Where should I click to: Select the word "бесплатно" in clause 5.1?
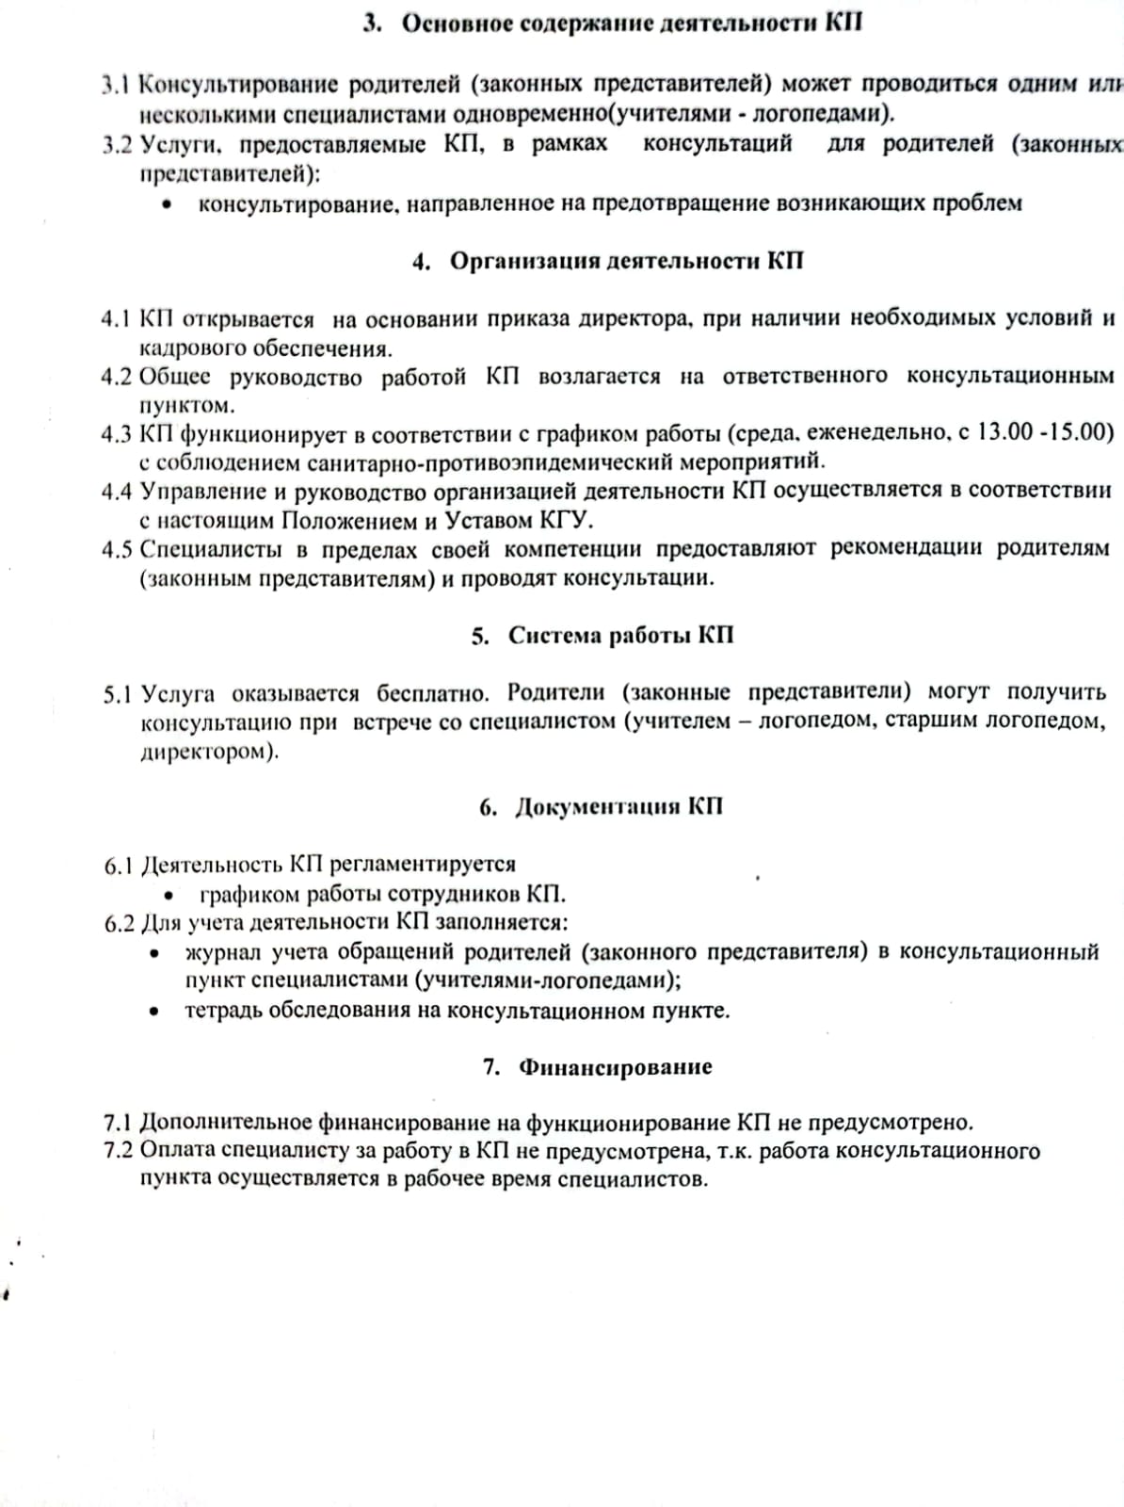tap(433, 693)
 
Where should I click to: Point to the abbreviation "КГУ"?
tap(565, 520)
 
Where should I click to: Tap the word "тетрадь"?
tap(222, 1011)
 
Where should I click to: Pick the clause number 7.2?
tap(119, 1151)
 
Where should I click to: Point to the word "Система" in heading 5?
tap(554, 636)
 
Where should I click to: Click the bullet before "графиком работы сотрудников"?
tap(169, 895)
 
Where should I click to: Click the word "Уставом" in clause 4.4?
tap(488, 520)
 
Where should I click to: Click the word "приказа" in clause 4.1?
tap(527, 319)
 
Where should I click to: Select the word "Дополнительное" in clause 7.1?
tap(225, 1123)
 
